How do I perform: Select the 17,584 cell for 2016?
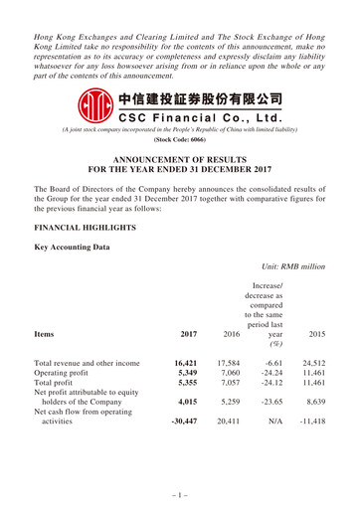coord(227,365)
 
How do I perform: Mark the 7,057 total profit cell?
coord(229,391)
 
